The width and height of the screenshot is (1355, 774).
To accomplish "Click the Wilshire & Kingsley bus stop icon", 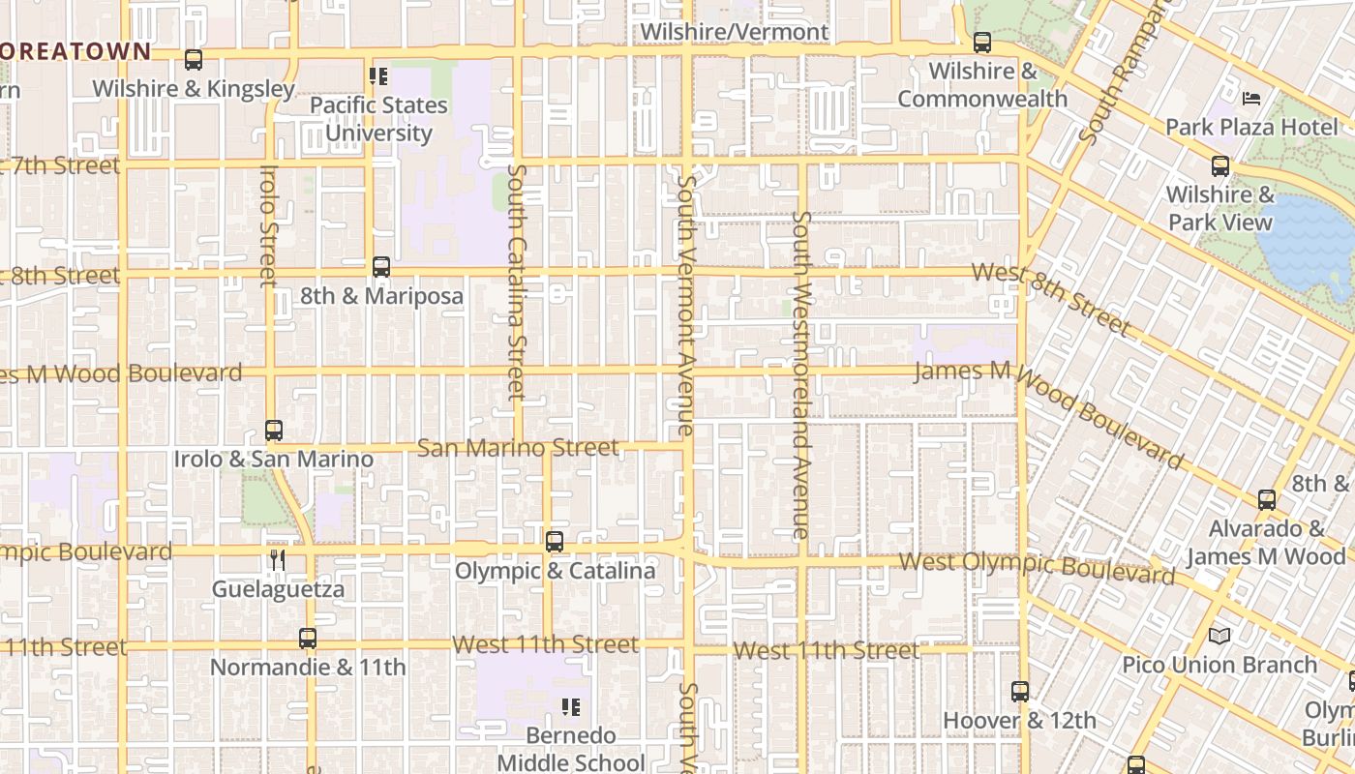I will [x=194, y=60].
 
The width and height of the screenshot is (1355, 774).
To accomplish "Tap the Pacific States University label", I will [x=378, y=118].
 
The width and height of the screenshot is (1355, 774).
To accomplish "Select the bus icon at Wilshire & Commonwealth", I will [x=982, y=43].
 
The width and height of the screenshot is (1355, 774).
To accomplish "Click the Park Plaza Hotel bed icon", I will [x=1251, y=99].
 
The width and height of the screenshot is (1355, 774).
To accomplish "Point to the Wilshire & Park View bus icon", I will [x=1220, y=166].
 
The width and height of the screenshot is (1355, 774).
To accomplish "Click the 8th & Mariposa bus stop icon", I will [x=381, y=267].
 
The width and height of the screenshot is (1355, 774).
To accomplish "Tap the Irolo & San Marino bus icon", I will [x=274, y=431].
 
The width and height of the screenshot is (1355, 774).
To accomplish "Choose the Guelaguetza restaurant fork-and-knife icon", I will [x=278, y=560].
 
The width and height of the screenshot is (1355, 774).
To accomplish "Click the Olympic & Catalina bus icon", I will [x=555, y=542].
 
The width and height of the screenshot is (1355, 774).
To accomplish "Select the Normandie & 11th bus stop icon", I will [x=308, y=639].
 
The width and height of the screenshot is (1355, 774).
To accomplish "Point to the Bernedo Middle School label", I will [x=570, y=749].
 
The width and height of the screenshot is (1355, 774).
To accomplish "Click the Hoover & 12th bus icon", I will [x=1020, y=692].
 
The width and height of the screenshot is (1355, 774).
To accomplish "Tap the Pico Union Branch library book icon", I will [x=1219, y=636].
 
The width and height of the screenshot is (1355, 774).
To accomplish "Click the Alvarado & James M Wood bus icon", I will [x=1267, y=500].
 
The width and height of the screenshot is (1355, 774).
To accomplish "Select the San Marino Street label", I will [x=518, y=447].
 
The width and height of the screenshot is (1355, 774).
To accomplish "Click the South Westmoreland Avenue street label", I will [x=800, y=374].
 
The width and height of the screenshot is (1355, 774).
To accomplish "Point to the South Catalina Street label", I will [x=516, y=282].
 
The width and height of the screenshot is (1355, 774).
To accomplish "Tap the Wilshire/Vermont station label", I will [x=735, y=32].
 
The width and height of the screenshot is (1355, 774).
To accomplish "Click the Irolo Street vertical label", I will [x=269, y=226].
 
